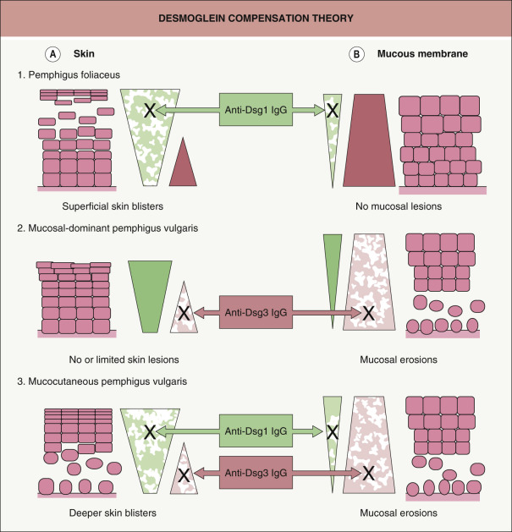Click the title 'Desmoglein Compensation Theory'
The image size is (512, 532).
click(x=256, y=18)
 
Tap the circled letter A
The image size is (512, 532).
click(x=52, y=54)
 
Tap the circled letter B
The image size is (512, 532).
click(x=357, y=54)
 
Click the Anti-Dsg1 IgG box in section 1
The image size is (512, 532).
click(x=256, y=109)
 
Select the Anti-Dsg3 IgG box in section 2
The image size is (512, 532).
click(x=256, y=312)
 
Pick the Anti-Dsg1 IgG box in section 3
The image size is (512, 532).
click(x=256, y=431)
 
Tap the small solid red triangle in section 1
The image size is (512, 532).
click(x=184, y=167)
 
